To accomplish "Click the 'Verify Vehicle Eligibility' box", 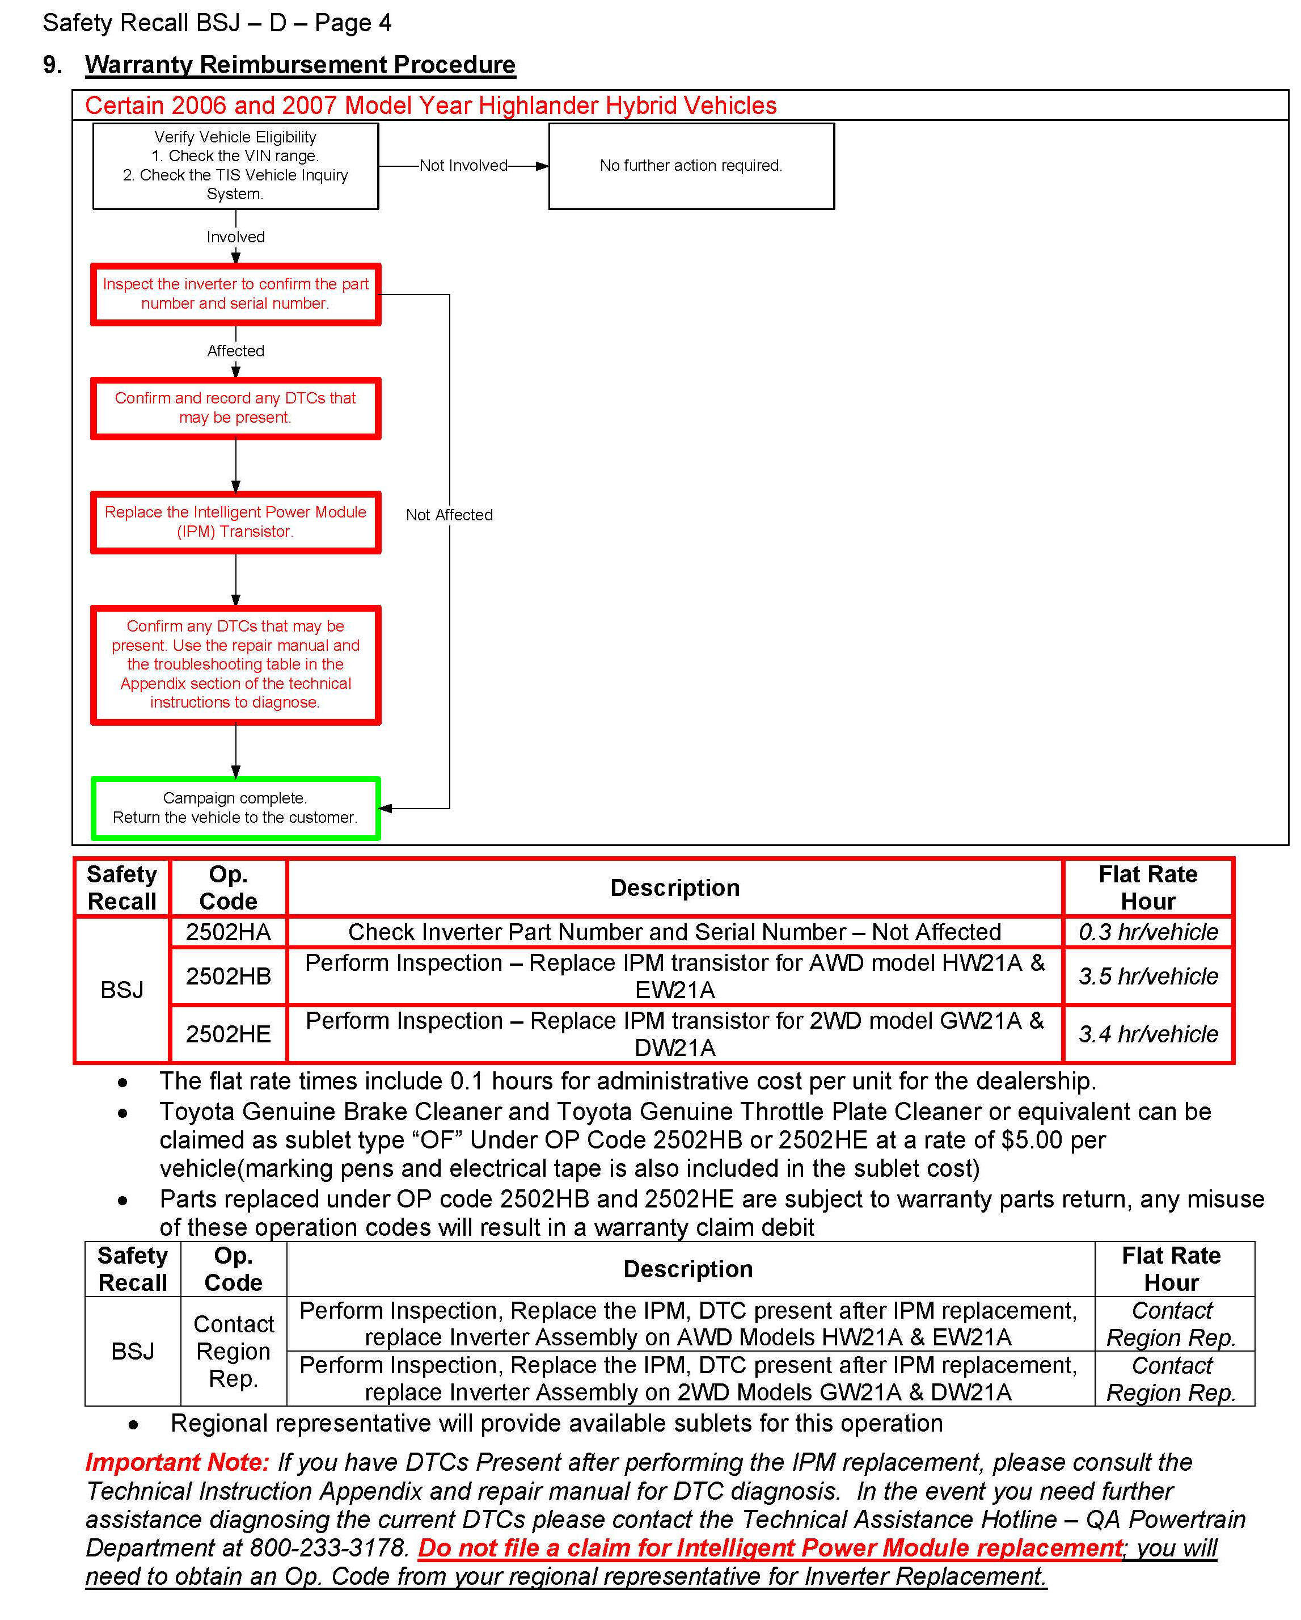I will (x=235, y=165).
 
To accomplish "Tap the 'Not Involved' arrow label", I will (x=463, y=165).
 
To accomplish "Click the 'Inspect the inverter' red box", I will (x=235, y=294).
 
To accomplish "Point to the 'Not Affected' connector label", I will (x=449, y=515).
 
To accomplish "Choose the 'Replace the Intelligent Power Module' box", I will (x=235, y=521).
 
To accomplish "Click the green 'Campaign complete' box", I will (x=235, y=808).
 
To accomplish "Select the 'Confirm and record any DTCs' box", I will (x=235, y=407).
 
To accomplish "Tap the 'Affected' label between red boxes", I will (x=235, y=351).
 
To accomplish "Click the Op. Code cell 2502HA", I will (x=229, y=932).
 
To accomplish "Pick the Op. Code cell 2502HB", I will (x=229, y=976).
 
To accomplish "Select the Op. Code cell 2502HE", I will (x=229, y=1034).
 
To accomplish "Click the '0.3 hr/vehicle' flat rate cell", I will (x=1148, y=932).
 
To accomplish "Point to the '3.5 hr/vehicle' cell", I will (x=1148, y=976).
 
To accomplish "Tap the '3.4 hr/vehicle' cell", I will (x=1148, y=1034).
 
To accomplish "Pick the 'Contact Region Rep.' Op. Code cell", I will (x=234, y=1351).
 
